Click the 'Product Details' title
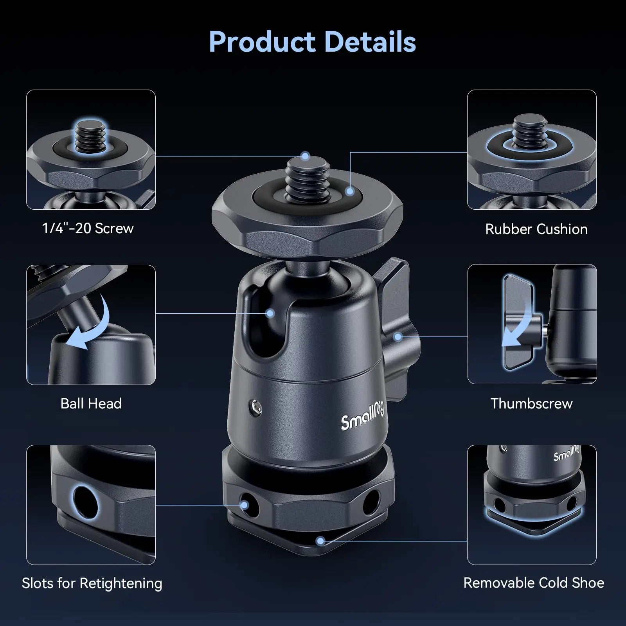tap(312, 41)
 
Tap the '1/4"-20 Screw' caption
tap(88, 228)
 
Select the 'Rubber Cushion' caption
tap(536, 229)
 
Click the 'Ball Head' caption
tap(91, 403)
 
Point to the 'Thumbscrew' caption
tap(531, 403)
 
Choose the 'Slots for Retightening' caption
tap(92, 583)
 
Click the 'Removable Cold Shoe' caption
tap(534, 583)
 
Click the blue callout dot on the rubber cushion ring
tap(350, 191)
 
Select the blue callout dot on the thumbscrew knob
tap(398, 336)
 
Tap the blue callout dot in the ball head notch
tap(270, 313)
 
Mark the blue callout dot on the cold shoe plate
tap(320, 541)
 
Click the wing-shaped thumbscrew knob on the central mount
tap(395, 313)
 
